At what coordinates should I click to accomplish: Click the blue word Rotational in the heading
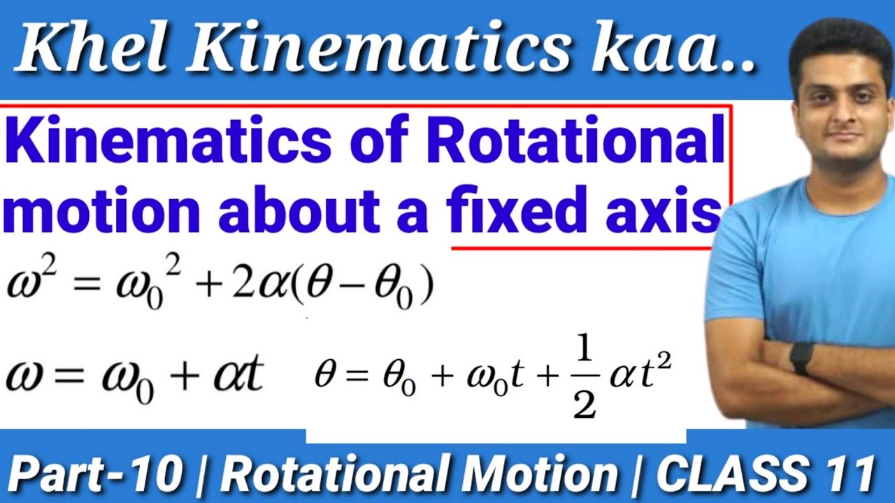click(575, 143)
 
